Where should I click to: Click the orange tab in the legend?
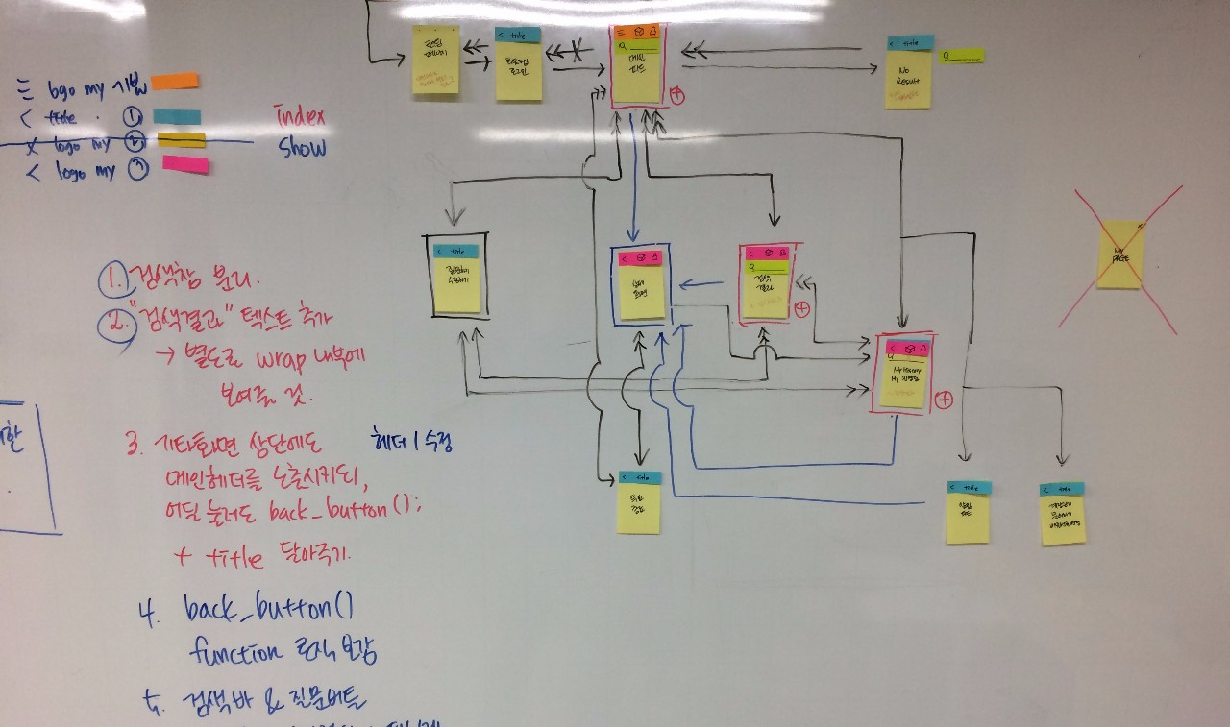pyautogui.click(x=175, y=81)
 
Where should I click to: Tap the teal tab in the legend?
pyautogui.click(x=177, y=117)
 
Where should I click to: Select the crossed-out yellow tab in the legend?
pyautogui.click(x=181, y=140)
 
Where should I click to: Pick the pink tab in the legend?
pyautogui.click(x=184, y=164)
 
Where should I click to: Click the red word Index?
pyautogui.click(x=300, y=117)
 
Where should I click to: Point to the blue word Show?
pyautogui.click(x=303, y=148)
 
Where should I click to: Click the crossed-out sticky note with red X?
pyautogui.click(x=1120, y=254)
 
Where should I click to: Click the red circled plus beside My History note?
pyautogui.click(x=944, y=400)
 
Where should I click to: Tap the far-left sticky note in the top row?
pyautogui.click(x=436, y=60)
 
